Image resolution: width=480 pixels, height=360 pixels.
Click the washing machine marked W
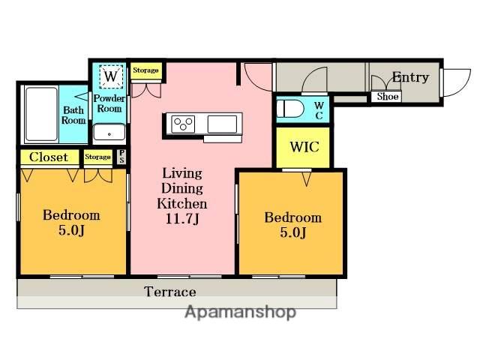111,76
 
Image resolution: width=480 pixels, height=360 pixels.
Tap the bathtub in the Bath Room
41,114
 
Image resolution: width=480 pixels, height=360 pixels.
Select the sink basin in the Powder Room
109,132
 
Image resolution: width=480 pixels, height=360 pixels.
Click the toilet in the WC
289,109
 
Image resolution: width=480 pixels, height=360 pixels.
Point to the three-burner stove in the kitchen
183,124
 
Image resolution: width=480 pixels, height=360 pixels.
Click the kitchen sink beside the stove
222,124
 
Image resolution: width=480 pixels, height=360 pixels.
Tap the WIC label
304,147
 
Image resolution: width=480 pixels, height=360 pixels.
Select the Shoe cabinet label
388,97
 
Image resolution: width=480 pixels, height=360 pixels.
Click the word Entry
410,77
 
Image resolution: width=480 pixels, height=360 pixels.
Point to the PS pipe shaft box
121,157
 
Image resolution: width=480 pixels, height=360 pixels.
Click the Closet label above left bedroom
49,157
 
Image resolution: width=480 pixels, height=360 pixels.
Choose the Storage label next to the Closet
97,157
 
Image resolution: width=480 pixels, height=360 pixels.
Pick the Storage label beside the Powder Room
145,70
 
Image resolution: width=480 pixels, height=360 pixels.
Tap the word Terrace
170,292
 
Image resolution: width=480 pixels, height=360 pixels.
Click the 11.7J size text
182,219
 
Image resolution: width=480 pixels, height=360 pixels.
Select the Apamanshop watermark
240,312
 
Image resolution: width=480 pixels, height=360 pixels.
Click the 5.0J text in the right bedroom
293,232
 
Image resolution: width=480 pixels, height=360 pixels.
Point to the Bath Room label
73,115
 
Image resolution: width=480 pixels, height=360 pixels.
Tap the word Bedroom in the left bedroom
71,215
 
